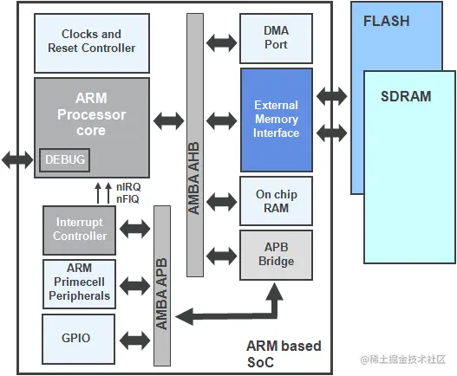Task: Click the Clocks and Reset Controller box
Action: click(91, 42)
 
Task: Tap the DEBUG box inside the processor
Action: click(63, 160)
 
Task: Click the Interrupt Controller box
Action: click(80, 230)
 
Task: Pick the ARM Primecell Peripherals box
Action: click(80, 282)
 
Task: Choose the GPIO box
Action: click(80, 339)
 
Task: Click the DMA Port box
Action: click(276, 38)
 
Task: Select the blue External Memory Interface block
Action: click(276, 120)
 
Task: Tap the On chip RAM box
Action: click(276, 201)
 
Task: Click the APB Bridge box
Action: click(276, 255)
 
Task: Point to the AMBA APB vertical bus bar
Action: click(161, 286)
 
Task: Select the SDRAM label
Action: click(405, 96)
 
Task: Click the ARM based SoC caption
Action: click(284, 353)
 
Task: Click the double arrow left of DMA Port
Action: click(222, 41)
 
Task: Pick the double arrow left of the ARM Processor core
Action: click(17, 159)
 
